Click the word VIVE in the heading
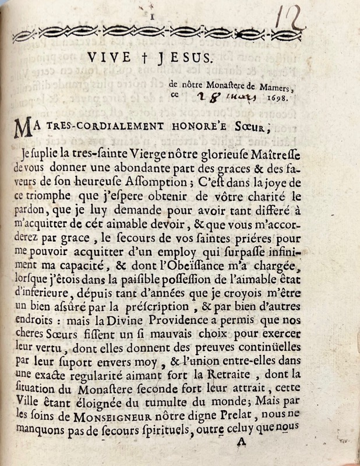click(x=110, y=58)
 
